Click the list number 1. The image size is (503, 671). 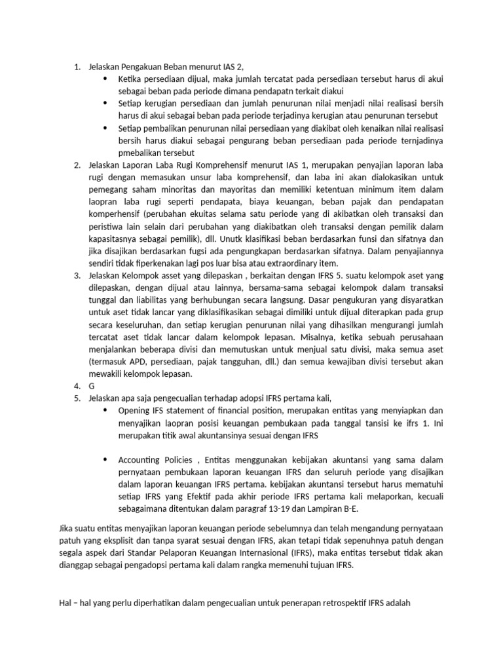pyautogui.click(x=76, y=66)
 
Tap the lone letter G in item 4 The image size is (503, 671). pyautogui.click(x=92, y=386)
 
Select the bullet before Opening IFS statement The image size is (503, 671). pyautogui.click(x=105, y=410)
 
